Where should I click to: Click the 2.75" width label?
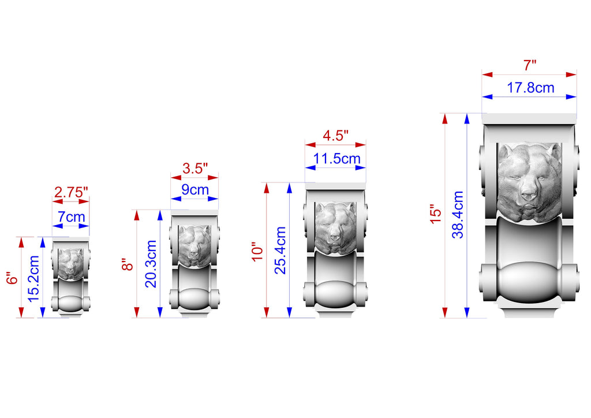click(x=71, y=192)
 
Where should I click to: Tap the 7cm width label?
click(x=71, y=217)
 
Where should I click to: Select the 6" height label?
click(x=12, y=278)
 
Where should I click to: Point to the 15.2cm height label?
click(x=33, y=278)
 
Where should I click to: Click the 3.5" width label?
click(x=195, y=168)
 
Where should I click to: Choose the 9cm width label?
click(x=195, y=189)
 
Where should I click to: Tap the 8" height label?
click(x=128, y=264)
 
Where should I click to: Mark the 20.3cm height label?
click(x=151, y=264)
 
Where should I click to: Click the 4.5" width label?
click(x=335, y=136)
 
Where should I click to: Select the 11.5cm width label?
click(x=337, y=159)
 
